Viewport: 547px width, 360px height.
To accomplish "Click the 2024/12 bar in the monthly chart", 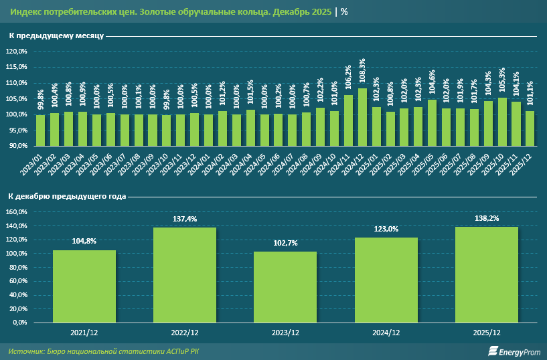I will tap(362, 117).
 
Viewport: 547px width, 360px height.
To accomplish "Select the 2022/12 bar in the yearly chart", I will tap(185, 275).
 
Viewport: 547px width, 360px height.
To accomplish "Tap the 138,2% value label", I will tap(486, 218).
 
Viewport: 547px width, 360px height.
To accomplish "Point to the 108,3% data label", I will tap(362, 72).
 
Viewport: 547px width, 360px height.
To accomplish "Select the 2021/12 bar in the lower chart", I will tap(84, 286).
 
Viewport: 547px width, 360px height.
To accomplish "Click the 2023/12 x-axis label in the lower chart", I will tap(285, 332).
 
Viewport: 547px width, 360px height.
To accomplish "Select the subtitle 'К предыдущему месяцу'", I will tap(56, 35).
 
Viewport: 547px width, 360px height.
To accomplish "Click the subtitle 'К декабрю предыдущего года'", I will tap(67, 197).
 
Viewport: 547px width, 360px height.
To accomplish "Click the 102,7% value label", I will tap(285, 243).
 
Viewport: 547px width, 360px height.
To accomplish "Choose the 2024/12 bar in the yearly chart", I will tap(386, 280).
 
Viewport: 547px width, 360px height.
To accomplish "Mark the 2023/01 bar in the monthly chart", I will tap(40, 130).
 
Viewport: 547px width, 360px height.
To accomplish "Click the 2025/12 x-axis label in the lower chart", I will tap(486, 332).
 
